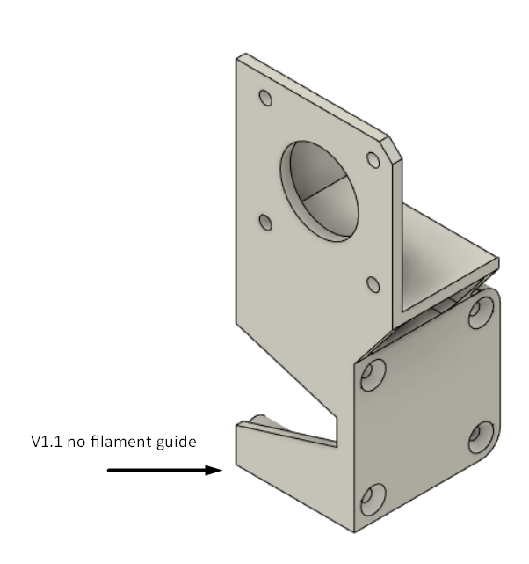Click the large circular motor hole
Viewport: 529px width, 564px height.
[x=319, y=191]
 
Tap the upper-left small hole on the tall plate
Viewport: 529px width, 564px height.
[x=265, y=98]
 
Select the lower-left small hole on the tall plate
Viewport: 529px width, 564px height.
[x=265, y=223]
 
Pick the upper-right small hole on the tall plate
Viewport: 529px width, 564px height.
[x=373, y=160]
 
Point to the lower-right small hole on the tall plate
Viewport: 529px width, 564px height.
[x=373, y=284]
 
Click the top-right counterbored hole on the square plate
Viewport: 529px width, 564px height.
[x=482, y=312]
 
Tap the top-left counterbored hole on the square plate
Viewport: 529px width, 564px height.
[x=373, y=375]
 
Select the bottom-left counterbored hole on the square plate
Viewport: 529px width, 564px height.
[x=373, y=500]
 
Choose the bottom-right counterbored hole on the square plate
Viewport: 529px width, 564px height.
[x=482, y=437]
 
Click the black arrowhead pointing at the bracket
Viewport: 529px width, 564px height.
[x=214, y=470]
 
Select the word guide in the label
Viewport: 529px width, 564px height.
[x=177, y=443]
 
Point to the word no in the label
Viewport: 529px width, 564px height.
[x=76, y=443]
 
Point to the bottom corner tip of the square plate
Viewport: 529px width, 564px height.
[x=354, y=531]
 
